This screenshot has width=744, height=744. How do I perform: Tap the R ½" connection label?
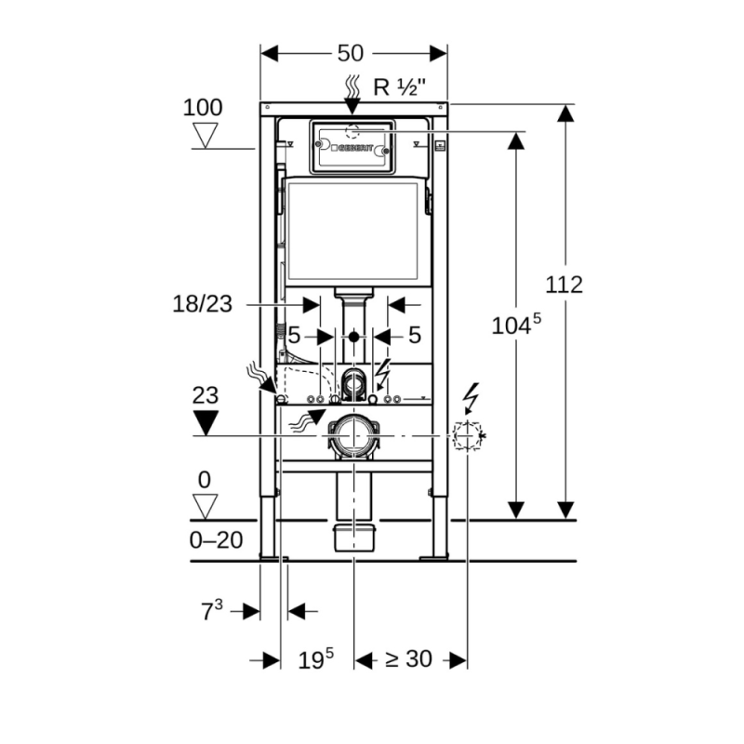click(x=399, y=87)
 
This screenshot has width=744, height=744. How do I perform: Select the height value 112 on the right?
click(x=564, y=285)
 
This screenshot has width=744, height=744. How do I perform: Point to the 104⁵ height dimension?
click(x=513, y=325)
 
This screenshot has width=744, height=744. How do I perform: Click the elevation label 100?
click(x=202, y=107)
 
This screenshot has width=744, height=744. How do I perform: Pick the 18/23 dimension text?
click(x=201, y=303)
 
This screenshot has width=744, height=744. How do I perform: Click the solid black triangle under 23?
click(x=205, y=423)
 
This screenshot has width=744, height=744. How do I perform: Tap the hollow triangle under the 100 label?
click(x=204, y=136)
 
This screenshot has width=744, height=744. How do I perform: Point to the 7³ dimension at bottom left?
click(x=212, y=610)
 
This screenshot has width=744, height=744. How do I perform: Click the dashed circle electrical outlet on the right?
click(x=466, y=435)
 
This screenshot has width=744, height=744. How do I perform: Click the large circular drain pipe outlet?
click(x=353, y=434)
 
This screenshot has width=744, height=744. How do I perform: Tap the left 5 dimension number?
click(x=294, y=335)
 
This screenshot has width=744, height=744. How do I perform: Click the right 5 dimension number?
click(x=415, y=335)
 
